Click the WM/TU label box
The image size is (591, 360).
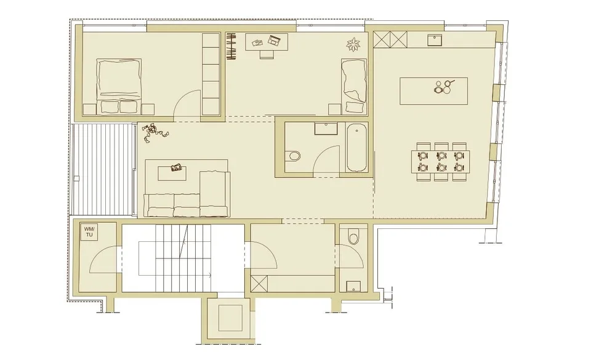click(89, 231)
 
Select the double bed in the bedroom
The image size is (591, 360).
click(119, 86)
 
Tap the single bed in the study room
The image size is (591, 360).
click(354, 86)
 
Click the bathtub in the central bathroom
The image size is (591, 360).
click(356, 148)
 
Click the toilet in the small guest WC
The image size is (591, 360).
click(353, 238)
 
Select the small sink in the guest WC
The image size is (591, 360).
click(353, 287)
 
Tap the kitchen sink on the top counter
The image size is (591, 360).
click(435, 40)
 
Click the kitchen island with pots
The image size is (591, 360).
click(433, 91)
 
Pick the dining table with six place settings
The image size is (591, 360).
click(441, 161)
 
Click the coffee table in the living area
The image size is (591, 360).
click(172, 173)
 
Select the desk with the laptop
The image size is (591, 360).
click(267, 41)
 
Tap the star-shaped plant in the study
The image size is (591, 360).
click(353, 44)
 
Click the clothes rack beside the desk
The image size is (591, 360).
click(231, 46)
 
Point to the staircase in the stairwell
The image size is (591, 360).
click(183, 258)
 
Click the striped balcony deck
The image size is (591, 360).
click(103, 169)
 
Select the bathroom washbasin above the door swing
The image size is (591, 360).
click(326, 129)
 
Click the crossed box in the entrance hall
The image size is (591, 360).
click(259, 284)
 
